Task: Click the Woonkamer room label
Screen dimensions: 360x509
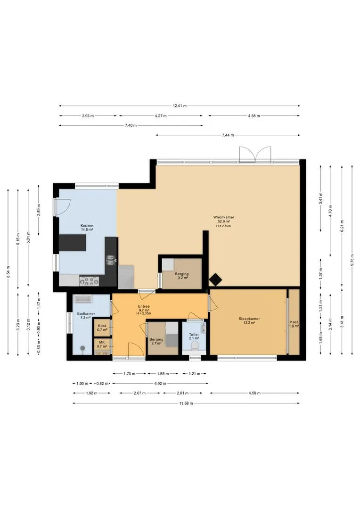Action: point(224,217)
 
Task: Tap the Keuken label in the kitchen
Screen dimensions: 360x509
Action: point(87,226)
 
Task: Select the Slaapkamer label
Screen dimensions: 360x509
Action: point(249,319)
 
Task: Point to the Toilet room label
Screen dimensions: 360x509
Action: point(194,334)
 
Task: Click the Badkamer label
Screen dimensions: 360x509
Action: point(86,313)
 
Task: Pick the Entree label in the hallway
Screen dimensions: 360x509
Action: point(144,306)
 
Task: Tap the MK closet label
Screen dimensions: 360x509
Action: point(102,342)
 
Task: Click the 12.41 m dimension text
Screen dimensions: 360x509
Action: point(180,106)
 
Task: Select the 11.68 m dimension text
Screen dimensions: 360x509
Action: point(186,403)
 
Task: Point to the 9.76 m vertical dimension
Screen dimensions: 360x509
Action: point(352,260)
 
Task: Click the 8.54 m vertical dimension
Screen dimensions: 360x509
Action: point(8,272)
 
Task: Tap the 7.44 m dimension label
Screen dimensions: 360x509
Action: point(228,135)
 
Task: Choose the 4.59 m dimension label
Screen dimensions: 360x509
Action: point(254,393)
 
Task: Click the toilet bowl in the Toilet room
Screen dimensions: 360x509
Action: point(195,345)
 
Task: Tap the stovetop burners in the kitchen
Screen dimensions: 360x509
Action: point(89,281)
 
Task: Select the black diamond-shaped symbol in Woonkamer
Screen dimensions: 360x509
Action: point(214,279)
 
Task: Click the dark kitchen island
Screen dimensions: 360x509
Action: point(73,243)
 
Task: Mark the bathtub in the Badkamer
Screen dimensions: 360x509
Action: point(82,299)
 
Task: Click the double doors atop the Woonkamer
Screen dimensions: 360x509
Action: point(255,155)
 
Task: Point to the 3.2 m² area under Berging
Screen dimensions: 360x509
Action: point(181,278)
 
